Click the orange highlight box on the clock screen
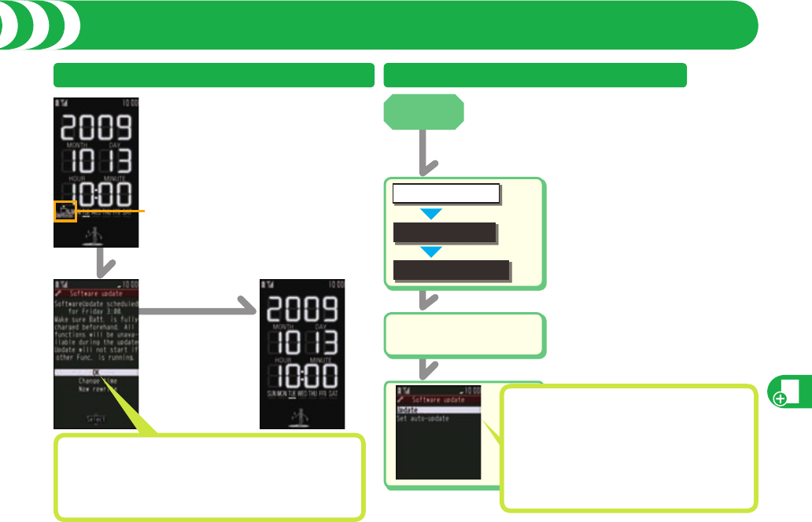[65, 211]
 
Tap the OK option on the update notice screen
[96, 373]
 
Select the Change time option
[96, 381]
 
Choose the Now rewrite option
[96, 390]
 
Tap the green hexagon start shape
[424, 112]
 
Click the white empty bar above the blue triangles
[446, 193]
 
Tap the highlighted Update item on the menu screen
[437, 410]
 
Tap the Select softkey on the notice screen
[96, 418]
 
